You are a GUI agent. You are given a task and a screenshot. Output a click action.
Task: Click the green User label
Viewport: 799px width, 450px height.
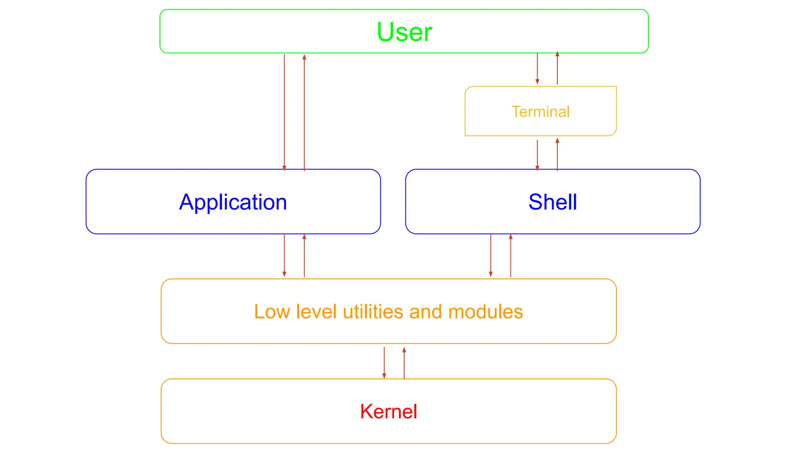tap(404, 32)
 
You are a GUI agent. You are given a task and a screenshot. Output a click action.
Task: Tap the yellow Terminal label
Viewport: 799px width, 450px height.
tap(540, 112)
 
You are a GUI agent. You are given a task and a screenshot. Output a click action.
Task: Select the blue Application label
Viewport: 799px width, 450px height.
tap(233, 202)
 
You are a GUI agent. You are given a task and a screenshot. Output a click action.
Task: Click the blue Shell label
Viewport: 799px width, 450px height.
tap(552, 202)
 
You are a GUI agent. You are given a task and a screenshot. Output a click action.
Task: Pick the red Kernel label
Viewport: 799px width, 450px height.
tap(389, 411)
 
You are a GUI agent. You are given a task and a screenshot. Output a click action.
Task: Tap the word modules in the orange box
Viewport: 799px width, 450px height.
tap(485, 312)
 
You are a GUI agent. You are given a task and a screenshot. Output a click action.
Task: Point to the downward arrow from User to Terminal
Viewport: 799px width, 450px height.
tap(537, 69)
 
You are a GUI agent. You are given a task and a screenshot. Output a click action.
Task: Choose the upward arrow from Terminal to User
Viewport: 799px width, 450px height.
tap(557, 69)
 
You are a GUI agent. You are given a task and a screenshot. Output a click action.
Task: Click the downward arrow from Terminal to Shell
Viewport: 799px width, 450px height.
tap(537, 155)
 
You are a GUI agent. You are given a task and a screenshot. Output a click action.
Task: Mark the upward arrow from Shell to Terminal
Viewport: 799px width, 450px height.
tap(557, 155)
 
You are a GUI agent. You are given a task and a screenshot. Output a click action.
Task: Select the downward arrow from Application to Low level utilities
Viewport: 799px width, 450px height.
tap(284, 255)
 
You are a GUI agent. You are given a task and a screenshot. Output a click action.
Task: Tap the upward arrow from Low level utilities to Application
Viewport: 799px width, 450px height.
tap(304, 255)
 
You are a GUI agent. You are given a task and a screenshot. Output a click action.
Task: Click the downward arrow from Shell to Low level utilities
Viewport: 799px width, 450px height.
tap(491, 255)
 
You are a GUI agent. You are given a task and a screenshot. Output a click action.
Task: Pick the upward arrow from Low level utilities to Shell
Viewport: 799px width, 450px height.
tap(511, 255)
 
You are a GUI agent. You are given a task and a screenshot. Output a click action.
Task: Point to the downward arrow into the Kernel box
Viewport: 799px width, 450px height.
tap(384, 362)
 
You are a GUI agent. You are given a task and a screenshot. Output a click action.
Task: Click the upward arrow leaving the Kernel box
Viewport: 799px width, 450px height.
tap(404, 362)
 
